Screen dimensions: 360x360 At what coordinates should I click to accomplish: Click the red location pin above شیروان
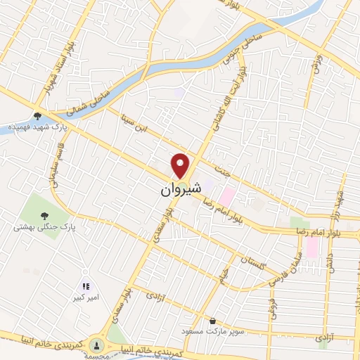pyautogui.click(x=181, y=165)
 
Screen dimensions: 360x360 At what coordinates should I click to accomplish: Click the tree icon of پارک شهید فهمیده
pyautogui.click(x=37, y=116)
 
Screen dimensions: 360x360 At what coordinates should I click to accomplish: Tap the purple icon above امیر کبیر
pyautogui.click(x=86, y=286)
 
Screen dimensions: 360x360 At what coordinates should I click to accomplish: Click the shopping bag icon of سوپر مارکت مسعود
pyautogui.click(x=212, y=321)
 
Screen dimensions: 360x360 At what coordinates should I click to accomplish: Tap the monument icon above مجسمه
pyautogui.click(x=98, y=345)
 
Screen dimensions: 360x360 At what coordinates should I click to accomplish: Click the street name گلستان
pyautogui.click(x=254, y=263)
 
